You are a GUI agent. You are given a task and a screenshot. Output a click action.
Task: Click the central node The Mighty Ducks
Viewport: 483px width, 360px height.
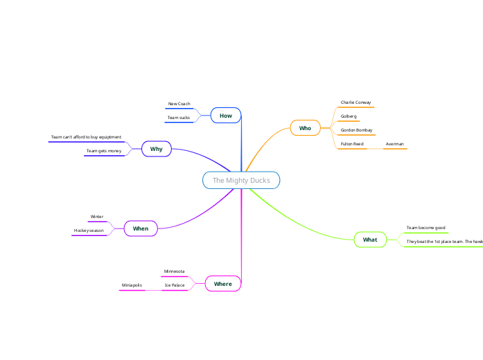click(241, 181)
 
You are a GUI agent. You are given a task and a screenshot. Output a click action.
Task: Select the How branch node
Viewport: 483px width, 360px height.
click(226, 116)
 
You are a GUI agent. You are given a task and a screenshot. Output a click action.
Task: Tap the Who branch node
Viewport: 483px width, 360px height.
click(305, 128)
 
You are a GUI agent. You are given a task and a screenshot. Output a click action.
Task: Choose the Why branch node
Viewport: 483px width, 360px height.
click(157, 149)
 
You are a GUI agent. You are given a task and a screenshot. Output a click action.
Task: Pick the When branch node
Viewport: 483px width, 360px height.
click(141, 228)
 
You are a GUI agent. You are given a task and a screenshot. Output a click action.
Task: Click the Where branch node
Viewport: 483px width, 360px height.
click(223, 284)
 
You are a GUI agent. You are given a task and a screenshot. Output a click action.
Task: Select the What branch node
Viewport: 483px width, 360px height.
click(370, 240)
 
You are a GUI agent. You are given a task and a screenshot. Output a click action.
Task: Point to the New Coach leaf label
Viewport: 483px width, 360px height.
click(179, 104)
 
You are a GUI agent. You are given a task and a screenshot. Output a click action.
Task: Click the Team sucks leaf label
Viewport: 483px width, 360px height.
click(179, 118)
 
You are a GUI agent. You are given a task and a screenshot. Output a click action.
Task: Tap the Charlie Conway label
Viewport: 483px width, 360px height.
click(355, 102)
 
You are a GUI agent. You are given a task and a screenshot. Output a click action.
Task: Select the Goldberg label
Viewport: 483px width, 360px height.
click(349, 116)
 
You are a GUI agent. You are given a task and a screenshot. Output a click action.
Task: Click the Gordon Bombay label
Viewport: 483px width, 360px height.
click(356, 130)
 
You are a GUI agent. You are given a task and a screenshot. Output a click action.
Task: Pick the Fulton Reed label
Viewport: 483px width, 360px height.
click(352, 144)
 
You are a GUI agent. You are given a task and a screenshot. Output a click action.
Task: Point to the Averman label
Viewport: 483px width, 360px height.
click(395, 144)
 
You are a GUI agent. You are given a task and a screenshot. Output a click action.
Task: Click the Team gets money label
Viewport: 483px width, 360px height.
click(104, 151)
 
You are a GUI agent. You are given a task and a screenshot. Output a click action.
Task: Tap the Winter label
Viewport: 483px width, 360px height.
click(97, 217)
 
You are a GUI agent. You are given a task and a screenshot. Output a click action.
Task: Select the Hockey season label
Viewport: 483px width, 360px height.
click(89, 231)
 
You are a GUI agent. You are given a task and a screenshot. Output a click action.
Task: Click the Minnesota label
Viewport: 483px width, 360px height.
click(174, 271)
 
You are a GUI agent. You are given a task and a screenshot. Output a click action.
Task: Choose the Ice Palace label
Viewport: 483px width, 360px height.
click(174, 285)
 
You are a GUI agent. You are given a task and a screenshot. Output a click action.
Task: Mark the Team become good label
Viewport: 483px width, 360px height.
click(425, 228)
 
